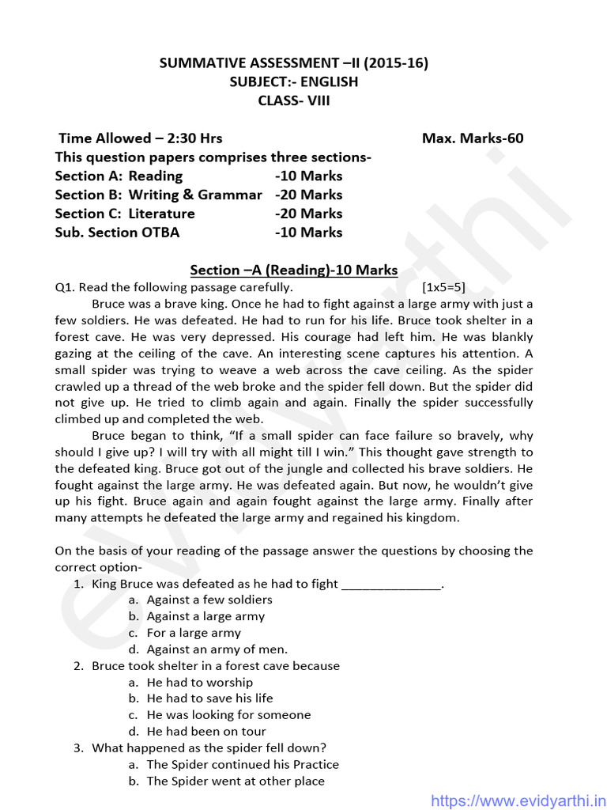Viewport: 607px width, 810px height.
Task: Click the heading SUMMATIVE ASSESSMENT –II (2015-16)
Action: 294,63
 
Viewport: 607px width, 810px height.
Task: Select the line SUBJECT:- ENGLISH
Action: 294,81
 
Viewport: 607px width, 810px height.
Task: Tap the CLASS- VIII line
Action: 294,100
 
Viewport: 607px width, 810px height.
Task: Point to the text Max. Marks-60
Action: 473,138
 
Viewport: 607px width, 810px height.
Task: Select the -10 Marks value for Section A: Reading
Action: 309,176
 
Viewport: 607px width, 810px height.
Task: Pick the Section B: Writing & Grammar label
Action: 158,195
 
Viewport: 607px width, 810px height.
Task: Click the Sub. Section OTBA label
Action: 117,233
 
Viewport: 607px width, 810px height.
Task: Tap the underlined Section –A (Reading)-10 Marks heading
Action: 294,270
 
